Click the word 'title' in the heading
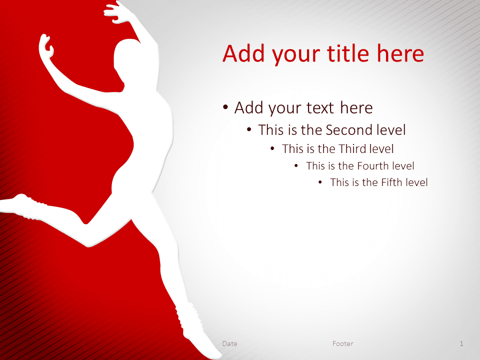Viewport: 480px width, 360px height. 348,53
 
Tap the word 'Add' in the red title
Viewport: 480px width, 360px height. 243,53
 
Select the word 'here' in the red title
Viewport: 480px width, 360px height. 400,53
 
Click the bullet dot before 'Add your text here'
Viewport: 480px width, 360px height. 225,107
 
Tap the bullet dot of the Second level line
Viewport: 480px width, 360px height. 249,130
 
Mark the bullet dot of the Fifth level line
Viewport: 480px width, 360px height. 320,182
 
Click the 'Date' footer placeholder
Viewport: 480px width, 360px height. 229,344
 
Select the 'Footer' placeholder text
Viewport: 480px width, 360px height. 343,344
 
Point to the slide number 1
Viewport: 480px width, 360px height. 461,344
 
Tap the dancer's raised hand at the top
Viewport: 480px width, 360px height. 117,12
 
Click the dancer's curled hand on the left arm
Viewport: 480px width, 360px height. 46,46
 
